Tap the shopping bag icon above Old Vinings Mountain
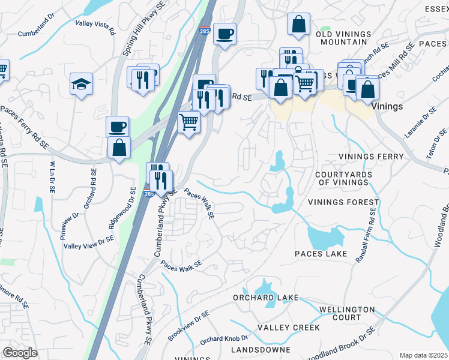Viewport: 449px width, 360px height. (x=298, y=25)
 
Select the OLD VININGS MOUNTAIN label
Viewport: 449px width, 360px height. (x=342, y=38)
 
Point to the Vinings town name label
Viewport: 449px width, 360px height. (x=387, y=106)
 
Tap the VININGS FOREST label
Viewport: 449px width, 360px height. (x=343, y=203)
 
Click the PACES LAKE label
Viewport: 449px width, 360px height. (x=321, y=254)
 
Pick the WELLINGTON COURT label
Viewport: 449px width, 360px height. (x=348, y=313)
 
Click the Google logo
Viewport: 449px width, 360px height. (x=20, y=353)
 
